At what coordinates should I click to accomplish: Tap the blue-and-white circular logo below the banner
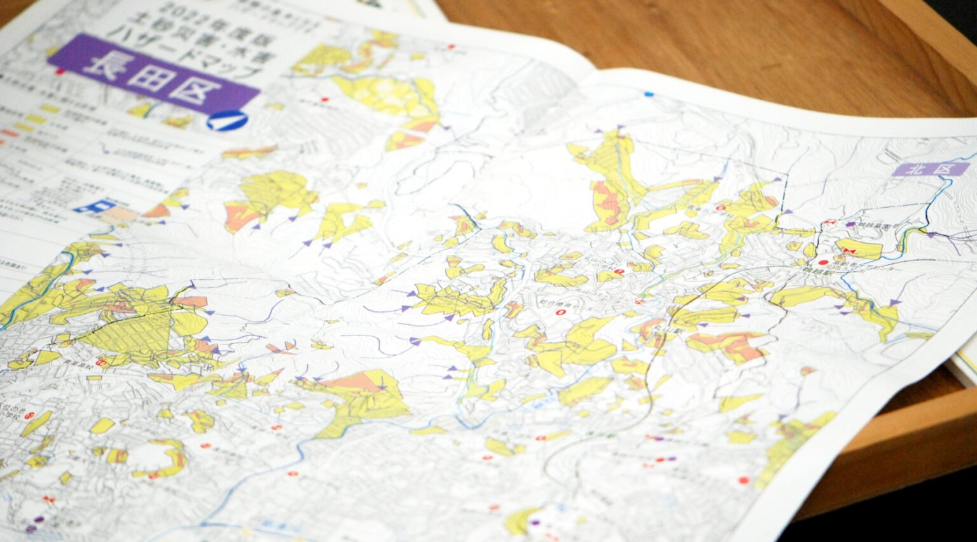226,119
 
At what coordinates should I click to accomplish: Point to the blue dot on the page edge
649,94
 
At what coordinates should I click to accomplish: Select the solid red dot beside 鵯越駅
823,262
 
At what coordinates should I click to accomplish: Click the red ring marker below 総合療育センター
560,312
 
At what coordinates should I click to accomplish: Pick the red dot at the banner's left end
60,71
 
